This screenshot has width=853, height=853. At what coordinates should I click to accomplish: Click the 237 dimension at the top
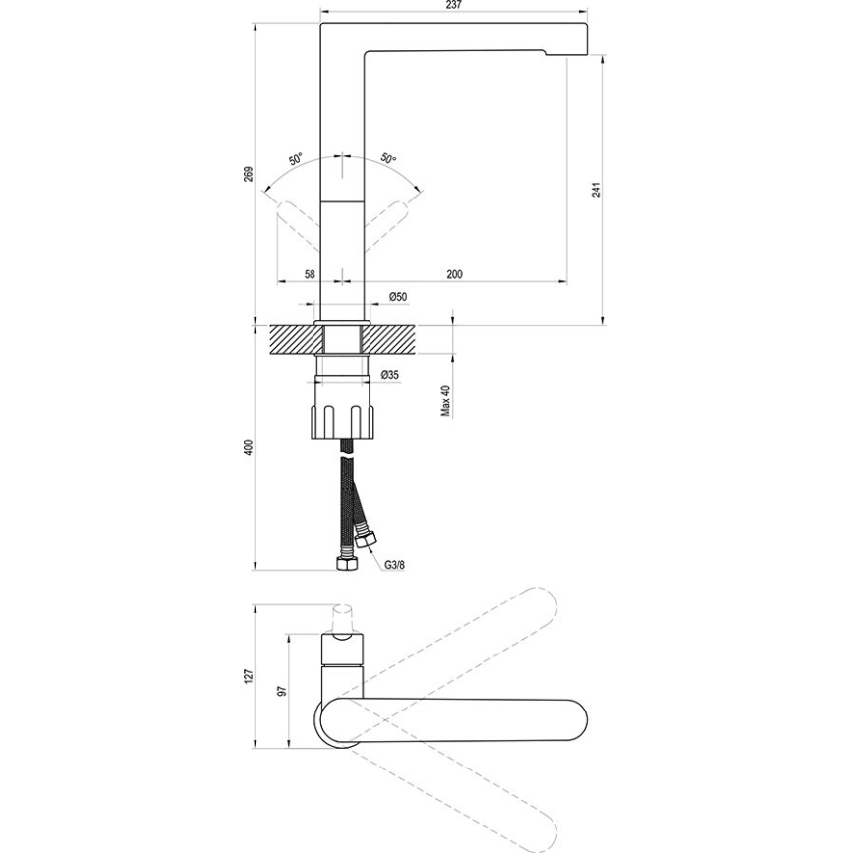(453, 5)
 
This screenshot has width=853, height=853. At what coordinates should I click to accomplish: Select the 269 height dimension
(250, 173)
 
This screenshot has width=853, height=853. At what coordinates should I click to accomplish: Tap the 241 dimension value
(596, 190)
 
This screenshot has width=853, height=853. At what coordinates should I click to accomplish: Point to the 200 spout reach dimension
(454, 274)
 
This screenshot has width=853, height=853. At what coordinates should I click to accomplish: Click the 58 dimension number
(310, 274)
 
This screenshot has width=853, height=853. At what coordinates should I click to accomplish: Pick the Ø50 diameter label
(397, 296)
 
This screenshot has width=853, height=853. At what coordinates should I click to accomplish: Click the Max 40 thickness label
(445, 400)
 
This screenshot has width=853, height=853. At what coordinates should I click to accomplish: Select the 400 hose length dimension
(250, 446)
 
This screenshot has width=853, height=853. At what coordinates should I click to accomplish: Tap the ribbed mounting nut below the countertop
(344, 418)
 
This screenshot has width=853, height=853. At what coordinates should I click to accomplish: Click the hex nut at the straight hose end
(345, 564)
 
